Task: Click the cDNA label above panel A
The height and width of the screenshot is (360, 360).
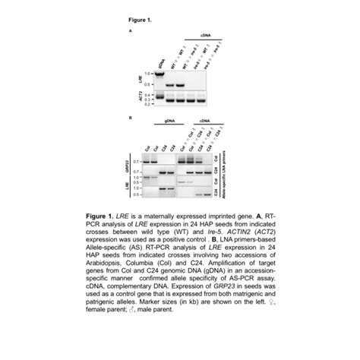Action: point(206,36)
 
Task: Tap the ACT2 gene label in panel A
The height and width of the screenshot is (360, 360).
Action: point(140,96)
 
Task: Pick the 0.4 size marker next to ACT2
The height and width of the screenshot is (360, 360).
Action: point(148,94)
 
